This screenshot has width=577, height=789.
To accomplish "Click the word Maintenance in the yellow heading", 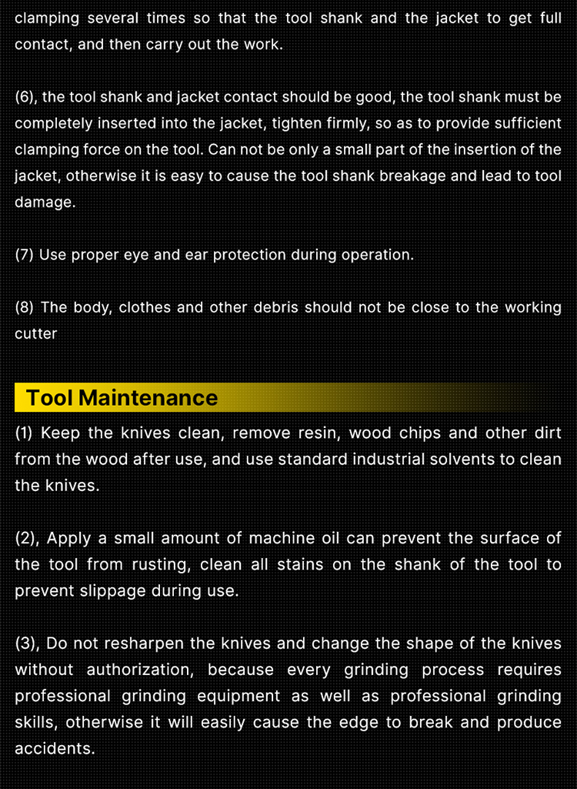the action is (148, 397).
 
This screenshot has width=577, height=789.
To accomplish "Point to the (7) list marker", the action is (24, 255).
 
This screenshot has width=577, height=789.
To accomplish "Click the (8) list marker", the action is (24, 307).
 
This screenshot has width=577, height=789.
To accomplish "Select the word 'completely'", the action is (53, 124).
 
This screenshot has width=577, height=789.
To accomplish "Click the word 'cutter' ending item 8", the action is (35, 333).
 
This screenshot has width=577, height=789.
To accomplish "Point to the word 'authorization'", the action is (140, 670).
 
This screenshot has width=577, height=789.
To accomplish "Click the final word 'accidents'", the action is (55, 748).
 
